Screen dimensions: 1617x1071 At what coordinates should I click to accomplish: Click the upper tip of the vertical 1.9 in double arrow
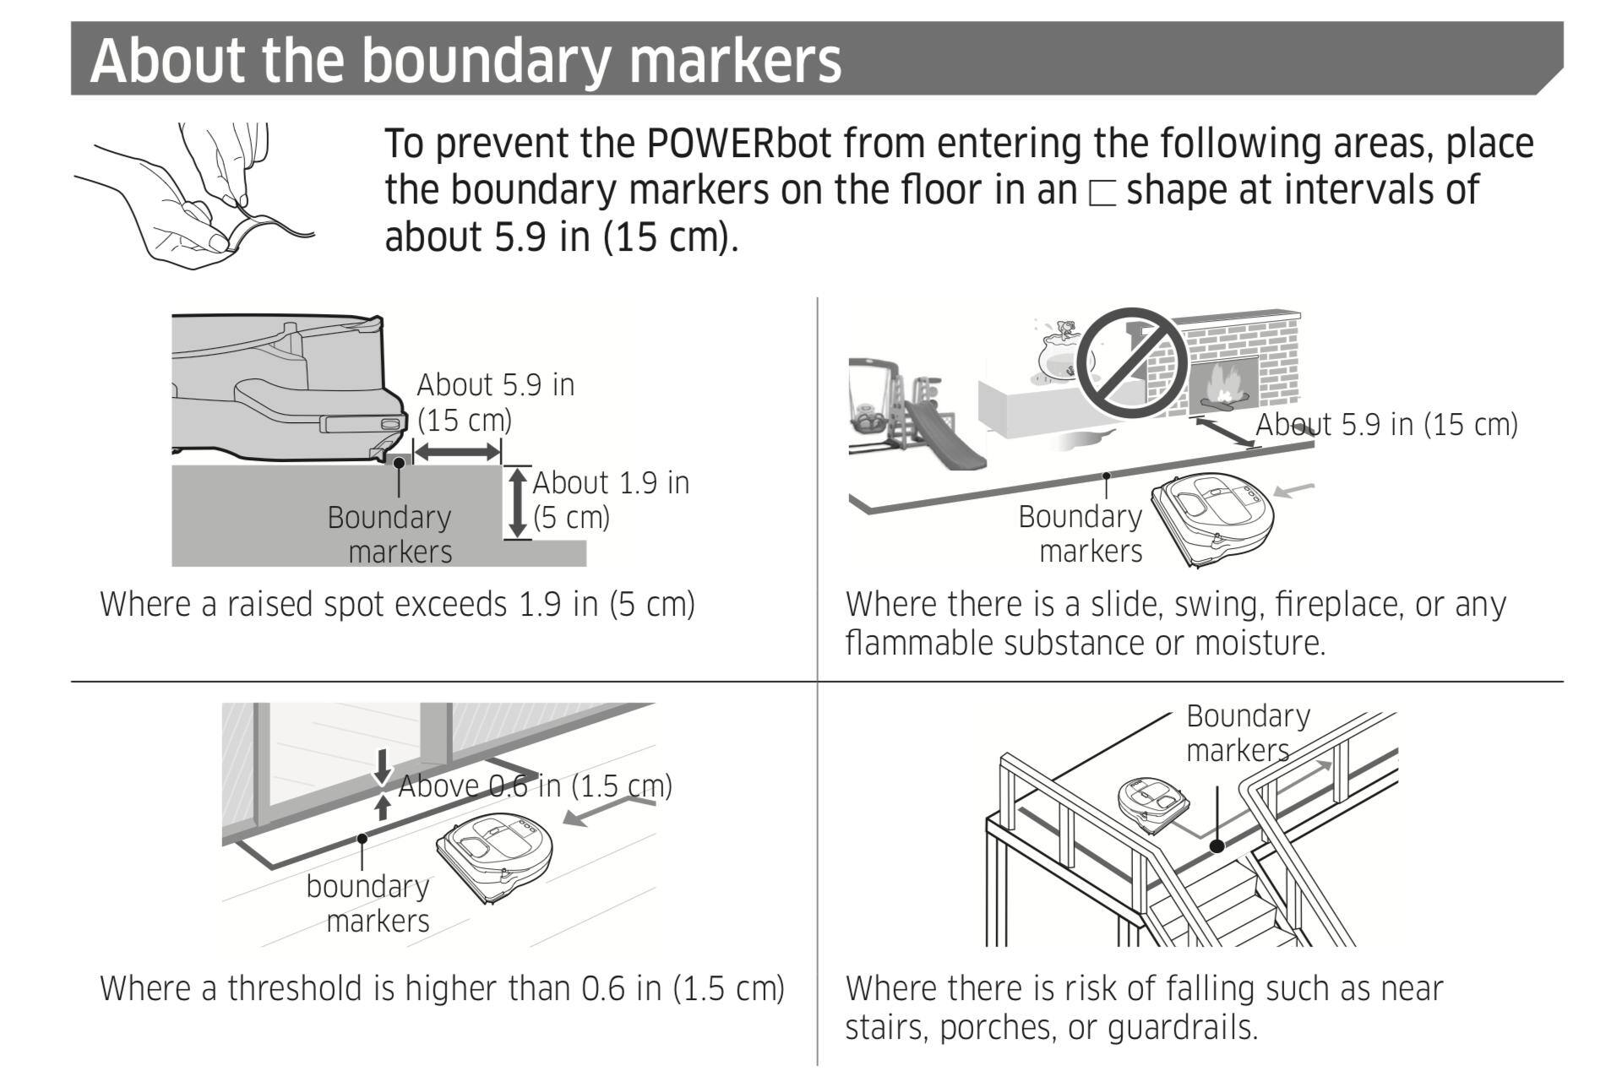pyautogui.click(x=517, y=469)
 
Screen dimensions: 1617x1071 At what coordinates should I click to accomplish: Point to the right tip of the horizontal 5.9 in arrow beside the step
pyautogui.click(x=500, y=453)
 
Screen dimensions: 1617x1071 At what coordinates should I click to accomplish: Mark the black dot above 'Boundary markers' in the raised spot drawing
pyautogui.click(x=399, y=462)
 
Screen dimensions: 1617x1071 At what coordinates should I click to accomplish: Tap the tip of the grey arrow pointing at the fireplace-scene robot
pyautogui.click(x=1273, y=492)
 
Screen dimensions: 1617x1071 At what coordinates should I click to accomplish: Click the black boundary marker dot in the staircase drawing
pyautogui.click(x=1217, y=845)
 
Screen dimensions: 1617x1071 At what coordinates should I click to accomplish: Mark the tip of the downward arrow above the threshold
pyautogui.click(x=383, y=785)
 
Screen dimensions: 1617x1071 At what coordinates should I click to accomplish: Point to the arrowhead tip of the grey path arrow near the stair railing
pyautogui.click(x=1332, y=763)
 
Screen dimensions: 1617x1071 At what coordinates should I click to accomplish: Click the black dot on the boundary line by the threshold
pyautogui.click(x=362, y=839)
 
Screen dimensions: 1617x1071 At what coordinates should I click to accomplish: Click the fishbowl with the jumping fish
pyautogui.click(x=1062, y=353)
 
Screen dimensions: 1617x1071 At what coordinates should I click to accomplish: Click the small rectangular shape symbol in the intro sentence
pyautogui.click(x=1102, y=194)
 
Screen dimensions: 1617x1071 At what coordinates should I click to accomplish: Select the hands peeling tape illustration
pyautogui.click(x=194, y=196)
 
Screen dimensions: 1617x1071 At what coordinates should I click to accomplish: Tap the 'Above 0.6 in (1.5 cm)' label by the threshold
pyautogui.click(x=535, y=786)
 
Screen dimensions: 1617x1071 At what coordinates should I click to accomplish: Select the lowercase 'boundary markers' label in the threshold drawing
pyautogui.click(x=368, y=903)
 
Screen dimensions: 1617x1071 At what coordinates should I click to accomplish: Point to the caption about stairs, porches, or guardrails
pyautogui.click(x=1144, y=1007)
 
